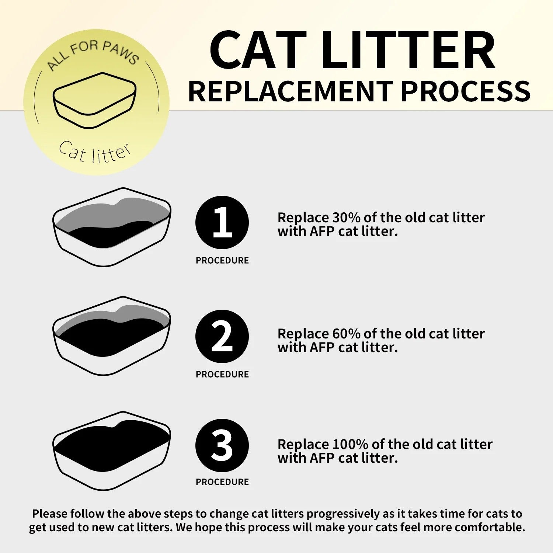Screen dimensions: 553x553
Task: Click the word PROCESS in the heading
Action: coord(465,91)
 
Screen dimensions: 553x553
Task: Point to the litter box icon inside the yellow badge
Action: coord(95,100)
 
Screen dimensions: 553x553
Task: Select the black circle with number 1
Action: coord(222,222)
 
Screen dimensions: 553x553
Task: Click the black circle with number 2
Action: coord(222,336)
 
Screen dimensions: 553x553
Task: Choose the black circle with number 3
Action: coord(222,445)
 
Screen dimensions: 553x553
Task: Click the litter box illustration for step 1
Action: coord(112,227)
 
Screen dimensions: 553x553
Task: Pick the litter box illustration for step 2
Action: coord(112,336)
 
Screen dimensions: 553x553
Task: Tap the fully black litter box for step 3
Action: coord(112,451)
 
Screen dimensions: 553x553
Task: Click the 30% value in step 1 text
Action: coord(346,218)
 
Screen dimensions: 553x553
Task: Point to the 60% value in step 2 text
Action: coord(346,334)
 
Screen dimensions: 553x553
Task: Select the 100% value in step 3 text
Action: coord(350,444)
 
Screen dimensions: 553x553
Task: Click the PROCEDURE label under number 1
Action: coord(222,260)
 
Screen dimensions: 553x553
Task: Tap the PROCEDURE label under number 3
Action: coord(222,482)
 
